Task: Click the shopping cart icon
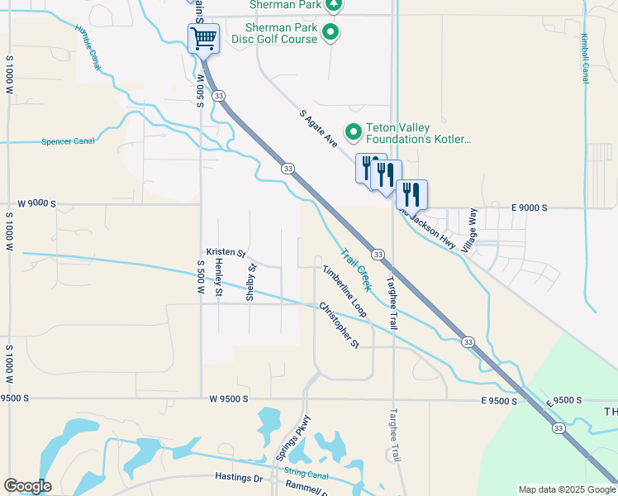tap(203, 37)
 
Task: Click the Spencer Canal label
tap(68, 141)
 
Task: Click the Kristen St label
tap(226, 252)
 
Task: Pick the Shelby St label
tap(252, 281)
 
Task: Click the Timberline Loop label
tap(345, 291)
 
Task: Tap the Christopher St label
tap(340, 325)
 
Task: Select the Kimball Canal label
tap(585, 59)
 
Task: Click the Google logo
tap(27, 486)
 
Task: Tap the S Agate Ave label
tap(319, 130)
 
